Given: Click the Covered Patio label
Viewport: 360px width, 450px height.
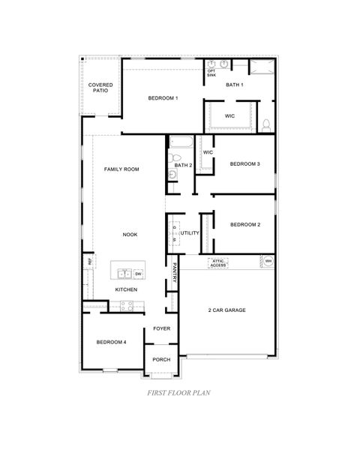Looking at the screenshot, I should tap(100, 88).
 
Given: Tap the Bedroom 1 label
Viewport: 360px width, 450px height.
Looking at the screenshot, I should tap(163, 98).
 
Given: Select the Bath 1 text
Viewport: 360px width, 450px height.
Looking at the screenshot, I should tap(235, 85).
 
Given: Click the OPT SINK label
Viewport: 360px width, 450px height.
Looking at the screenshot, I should tap(211, 73).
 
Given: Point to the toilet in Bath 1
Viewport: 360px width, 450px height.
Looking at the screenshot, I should tap(266, 124).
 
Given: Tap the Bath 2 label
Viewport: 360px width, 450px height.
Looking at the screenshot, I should tap(184, 165).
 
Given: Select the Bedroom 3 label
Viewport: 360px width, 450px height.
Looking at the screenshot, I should tap(244, 163).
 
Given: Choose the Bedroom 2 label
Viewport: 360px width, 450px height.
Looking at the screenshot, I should tap(244, 224).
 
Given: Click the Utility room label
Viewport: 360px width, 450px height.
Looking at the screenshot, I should tap(190, 233).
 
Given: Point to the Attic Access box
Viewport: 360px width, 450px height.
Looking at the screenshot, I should tap(218, 262).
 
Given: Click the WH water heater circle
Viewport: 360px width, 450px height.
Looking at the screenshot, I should tap(268, 261).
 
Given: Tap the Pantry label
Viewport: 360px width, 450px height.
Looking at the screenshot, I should tap(175, 271).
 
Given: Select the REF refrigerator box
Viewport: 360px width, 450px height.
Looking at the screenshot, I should tap(89, 262).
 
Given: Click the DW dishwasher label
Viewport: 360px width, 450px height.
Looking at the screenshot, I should tap(139, 273).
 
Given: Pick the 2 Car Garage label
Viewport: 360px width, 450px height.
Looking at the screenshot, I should tap(226, 310).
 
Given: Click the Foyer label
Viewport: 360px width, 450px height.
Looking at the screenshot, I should tap(161, 328).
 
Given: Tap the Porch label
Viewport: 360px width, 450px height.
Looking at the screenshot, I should tap(161, 359).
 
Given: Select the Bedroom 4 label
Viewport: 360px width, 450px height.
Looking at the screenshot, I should tap(111, 342).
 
